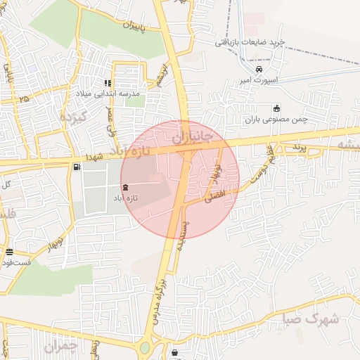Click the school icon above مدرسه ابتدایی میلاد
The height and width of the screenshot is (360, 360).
pyautogui.click(x=108, y=83)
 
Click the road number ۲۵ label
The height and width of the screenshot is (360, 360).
pyautogui.click(x=25, y=99)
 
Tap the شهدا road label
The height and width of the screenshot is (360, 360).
pyautogui.click(x=94, y=157)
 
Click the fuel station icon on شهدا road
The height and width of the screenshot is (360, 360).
pyautogui.click(x=76, y=167)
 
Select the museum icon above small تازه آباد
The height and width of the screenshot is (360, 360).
pyautogui.click(x=125, y=187)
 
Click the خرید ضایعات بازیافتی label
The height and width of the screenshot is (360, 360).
pyautogui.click(x=250, y=42)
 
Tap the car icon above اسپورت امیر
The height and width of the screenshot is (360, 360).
pyautogui.click(x=259, y=70)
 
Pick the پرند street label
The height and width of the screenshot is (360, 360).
pyautogui.click(x=300, y=148)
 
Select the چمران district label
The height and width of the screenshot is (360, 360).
pyautogui.click(x=60, y=346)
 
